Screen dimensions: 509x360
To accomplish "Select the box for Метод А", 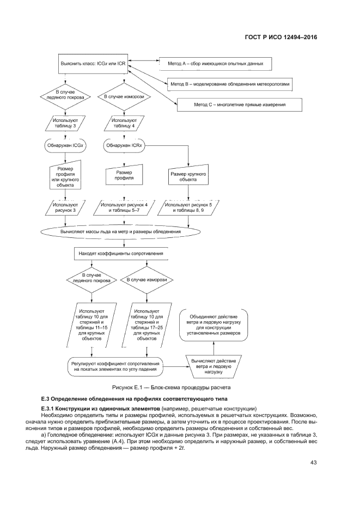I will coord(215,64).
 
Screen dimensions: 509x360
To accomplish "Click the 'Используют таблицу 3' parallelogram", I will coord(65,124).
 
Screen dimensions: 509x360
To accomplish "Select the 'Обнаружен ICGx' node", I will coord(65,146).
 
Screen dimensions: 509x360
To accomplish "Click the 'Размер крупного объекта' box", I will coord(188,177).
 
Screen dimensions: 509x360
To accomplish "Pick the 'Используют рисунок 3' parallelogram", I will coord(65,207).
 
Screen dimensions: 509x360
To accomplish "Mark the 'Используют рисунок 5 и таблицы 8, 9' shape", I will coord(188,207).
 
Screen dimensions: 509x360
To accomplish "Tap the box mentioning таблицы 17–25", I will coord(148,326).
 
